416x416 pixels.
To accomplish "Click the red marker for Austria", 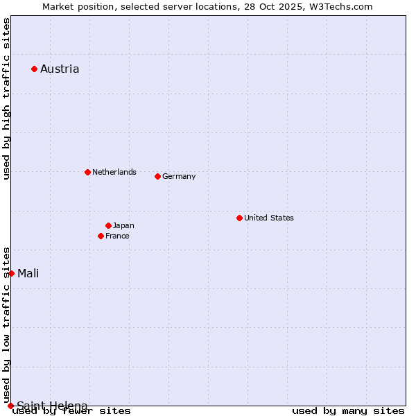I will click(x=34, y=69).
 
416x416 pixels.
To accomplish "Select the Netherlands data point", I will click(x=87, y=172).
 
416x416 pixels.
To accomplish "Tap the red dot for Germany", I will click(x=157, y=176).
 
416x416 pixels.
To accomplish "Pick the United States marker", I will click(x=239, y=218).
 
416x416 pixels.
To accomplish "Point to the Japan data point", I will click(x=108, y=225).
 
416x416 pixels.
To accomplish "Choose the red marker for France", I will click(x=101, y=236).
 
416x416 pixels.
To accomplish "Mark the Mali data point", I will click(x=11, y=273).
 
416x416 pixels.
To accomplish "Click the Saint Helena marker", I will click(x=10, y=406).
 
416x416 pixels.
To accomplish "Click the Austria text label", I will click(x=60, y=69).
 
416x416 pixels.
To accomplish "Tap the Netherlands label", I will click(x=114, y=172).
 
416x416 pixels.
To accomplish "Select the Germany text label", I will click(x=179, y=176).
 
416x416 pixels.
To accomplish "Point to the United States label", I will click(x=269, y=218).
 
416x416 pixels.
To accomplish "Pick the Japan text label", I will click(x=123, y=225).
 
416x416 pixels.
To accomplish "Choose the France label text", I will click(x=117, y=236).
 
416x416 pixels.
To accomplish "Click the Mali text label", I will click(x=28, y=273).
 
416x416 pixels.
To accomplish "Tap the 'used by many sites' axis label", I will click(x=348, y=411).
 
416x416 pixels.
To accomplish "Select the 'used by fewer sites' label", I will click(x=72, y=411).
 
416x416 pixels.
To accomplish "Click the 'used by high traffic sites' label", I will click(x=6, y=98).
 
